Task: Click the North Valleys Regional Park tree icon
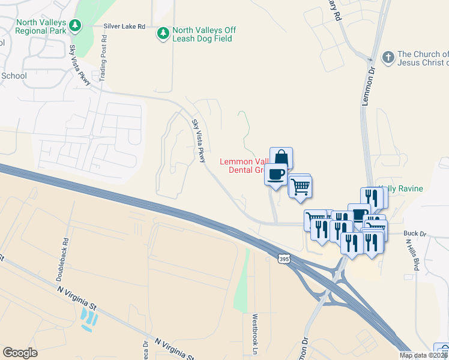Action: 75,25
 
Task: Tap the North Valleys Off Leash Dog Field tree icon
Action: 163,33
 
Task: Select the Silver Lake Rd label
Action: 124,26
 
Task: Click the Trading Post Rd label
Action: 104,59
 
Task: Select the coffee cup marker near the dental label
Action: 276,175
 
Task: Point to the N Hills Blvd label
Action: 412,255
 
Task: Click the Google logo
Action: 20,353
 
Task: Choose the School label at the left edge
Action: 14,76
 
